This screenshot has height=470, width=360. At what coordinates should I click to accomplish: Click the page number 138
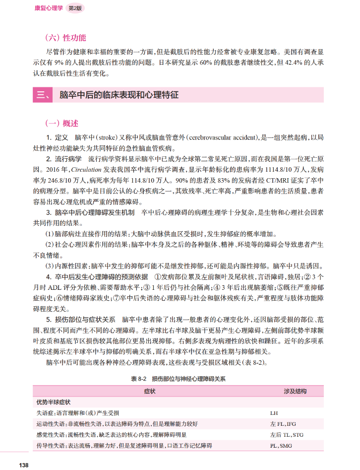click(22, 465)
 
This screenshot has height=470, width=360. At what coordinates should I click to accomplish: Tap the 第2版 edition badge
click(76, 8)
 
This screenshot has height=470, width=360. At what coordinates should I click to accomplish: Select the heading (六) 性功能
click(65, 37)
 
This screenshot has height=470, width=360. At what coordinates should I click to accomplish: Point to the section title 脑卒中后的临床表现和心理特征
click(119, 95)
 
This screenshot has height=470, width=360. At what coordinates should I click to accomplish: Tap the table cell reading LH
click(274, 413)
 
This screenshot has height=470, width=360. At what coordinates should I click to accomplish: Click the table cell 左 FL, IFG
click(283, 424)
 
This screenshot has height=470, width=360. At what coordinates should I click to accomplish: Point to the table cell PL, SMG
click(281, 446)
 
